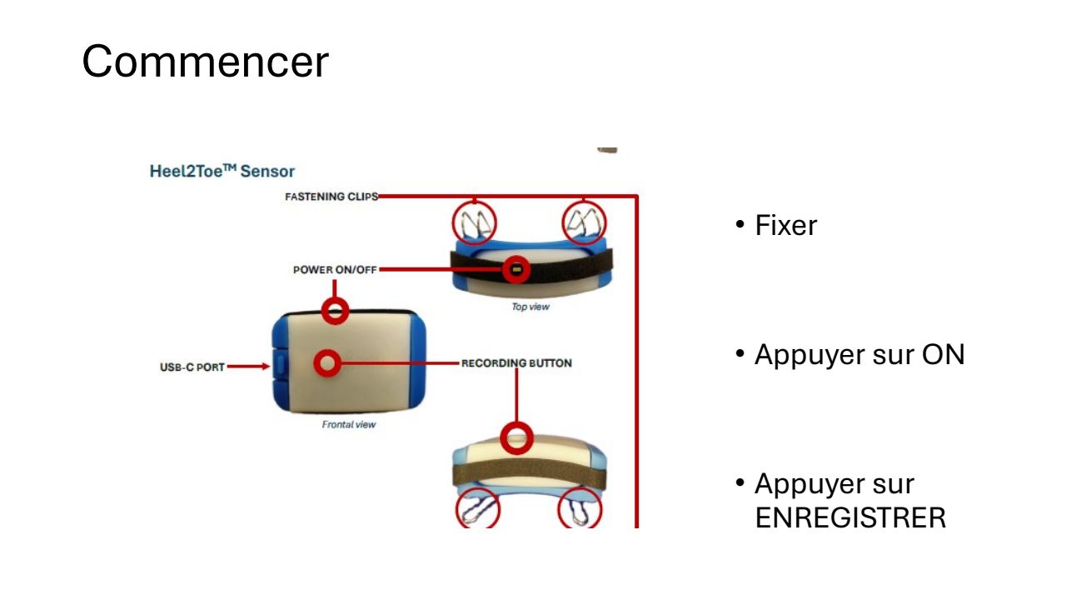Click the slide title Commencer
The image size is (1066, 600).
tap(205, 62)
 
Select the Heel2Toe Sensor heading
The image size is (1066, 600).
tap(222, 172)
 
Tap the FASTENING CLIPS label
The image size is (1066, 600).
tap(331, 197)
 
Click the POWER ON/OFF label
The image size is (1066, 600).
tap(336, 270)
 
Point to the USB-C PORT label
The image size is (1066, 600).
tap(192, 367)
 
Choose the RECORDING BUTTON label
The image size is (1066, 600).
tap(516, 363)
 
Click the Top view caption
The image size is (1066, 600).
tap(531, 307)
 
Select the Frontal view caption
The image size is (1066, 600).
tap(349, 424)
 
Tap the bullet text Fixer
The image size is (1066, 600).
tap(785, 226)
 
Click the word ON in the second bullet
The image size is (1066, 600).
tap(943, 355)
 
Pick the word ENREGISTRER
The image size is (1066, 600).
tap(850, 517)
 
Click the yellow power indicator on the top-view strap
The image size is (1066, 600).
tap(516, 269)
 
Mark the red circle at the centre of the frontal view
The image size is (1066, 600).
tap(327, 363)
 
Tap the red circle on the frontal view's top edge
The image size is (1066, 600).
tap(336, 311)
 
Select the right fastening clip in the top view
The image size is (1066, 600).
tap(585, 222)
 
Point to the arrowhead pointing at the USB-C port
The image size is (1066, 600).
tap(266, 366)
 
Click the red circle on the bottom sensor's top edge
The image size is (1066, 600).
tap(517, 437)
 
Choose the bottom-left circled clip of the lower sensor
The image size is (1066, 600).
tap(477, 509)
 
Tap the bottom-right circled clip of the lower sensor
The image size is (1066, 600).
tap(580, 509)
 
